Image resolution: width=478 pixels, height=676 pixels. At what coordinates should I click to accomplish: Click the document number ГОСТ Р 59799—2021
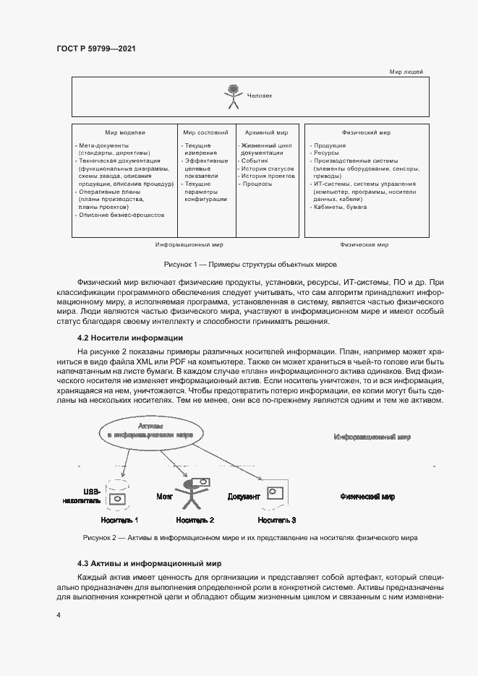[x=96, y=48]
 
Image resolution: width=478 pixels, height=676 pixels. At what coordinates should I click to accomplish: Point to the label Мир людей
[x=406, y=72]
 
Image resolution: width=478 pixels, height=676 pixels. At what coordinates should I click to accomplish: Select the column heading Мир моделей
[x=125, y=133]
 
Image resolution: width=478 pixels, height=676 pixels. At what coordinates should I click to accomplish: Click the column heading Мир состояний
[x=205, y=133]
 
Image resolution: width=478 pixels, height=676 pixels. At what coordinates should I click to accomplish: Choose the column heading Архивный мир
[x=267, y=133]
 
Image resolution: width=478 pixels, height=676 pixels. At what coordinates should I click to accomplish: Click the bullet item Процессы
[x=257, y=184]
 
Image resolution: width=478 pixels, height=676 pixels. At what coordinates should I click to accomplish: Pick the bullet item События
[x=255, y=161]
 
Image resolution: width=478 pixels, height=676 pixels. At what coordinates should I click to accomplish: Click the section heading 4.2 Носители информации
[x=130, y=338]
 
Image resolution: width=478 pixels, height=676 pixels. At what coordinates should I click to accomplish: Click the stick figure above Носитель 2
[x=192, y=492]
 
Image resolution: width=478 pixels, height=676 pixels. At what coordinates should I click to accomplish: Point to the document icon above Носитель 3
[x=275, y=493]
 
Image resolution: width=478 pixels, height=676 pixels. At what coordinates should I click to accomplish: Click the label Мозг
[x=164, y=497]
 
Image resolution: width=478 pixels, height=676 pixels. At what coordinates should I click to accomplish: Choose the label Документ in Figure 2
[x=244, y=497]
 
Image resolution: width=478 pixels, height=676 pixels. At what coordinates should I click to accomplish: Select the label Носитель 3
[x=277, y=520]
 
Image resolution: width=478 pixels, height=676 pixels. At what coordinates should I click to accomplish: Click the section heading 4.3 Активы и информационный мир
[x=149, y=563]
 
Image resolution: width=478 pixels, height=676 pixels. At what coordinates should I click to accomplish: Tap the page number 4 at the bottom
[x=59, y=615]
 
